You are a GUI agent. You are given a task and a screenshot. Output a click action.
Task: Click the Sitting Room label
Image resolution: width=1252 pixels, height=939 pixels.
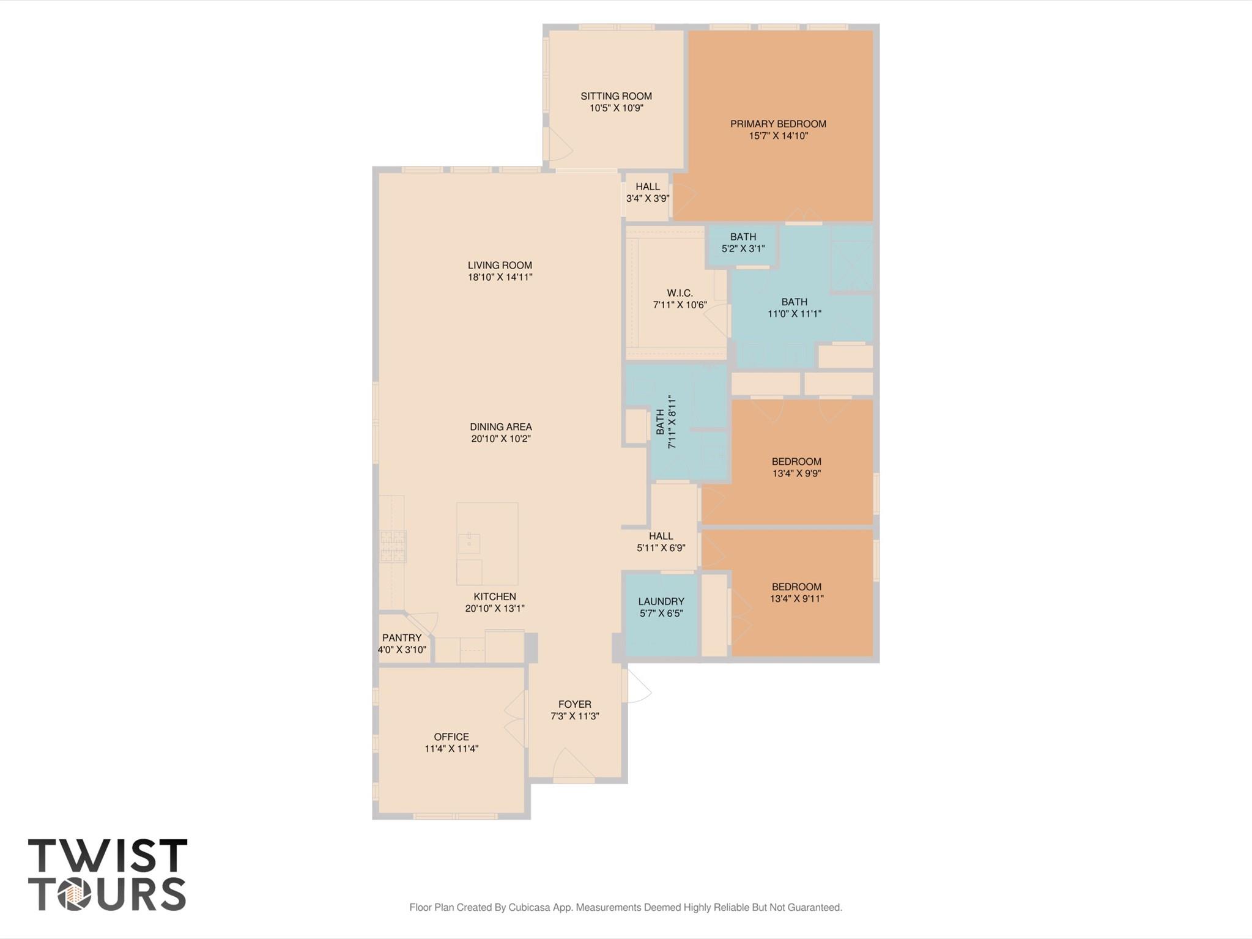pyautogui.click(x=616, y=96)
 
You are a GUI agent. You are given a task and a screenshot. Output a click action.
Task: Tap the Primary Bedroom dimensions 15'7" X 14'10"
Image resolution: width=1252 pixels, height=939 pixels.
pyautogui.click(x=778, y=136)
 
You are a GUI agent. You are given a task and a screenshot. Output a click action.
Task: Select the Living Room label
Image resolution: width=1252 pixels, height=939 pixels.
pyautogui.click(x=500, y=265)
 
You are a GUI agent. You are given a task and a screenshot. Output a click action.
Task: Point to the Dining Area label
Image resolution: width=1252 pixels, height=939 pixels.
pyautogui.click(x=500, y=427)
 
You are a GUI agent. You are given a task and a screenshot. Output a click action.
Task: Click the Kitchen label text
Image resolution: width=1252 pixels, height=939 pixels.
pyautogui.click(x=494, y=596)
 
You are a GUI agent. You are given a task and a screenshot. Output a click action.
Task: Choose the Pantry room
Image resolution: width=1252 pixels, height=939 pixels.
pyautogui.click(x=402, y=643)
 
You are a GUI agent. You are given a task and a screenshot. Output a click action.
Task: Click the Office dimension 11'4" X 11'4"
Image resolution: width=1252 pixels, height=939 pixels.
pyautogui.click(x=451, y=749)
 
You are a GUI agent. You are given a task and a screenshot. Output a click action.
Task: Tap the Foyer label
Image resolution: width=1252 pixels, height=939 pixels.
pyautogui.click(x=574, y=705)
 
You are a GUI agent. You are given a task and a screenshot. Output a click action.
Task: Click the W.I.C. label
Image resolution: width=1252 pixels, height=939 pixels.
pyautogui.click(x=680, y=293)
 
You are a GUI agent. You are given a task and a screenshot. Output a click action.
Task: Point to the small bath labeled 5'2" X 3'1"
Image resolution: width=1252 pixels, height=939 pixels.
pyautogui.click(x=743, y=243)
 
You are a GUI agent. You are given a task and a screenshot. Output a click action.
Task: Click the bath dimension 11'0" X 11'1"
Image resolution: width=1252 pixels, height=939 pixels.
pyautogui.click(x=794, y=314)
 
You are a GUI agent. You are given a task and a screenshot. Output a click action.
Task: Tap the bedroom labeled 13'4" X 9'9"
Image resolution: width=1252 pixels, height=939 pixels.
pyautogui.click(x=796, y=467)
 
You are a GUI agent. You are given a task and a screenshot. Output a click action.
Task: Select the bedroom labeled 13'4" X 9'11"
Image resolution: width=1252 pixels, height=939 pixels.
pyautogui.click(x=796, y=593)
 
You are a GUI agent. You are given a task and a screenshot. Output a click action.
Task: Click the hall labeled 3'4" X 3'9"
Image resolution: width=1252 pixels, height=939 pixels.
pyautogui.click(x=647, y=193)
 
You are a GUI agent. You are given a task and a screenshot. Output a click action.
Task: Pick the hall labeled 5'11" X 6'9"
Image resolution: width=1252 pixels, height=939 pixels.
pyautogui.click(x=661, y=542)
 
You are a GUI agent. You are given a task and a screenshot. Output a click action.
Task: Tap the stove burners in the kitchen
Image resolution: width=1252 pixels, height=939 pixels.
pyautogui.click(x=393, y=546)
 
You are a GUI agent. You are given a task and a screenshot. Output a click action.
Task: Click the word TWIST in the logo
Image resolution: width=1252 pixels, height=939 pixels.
pyautogui.click(x=108, y=856)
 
